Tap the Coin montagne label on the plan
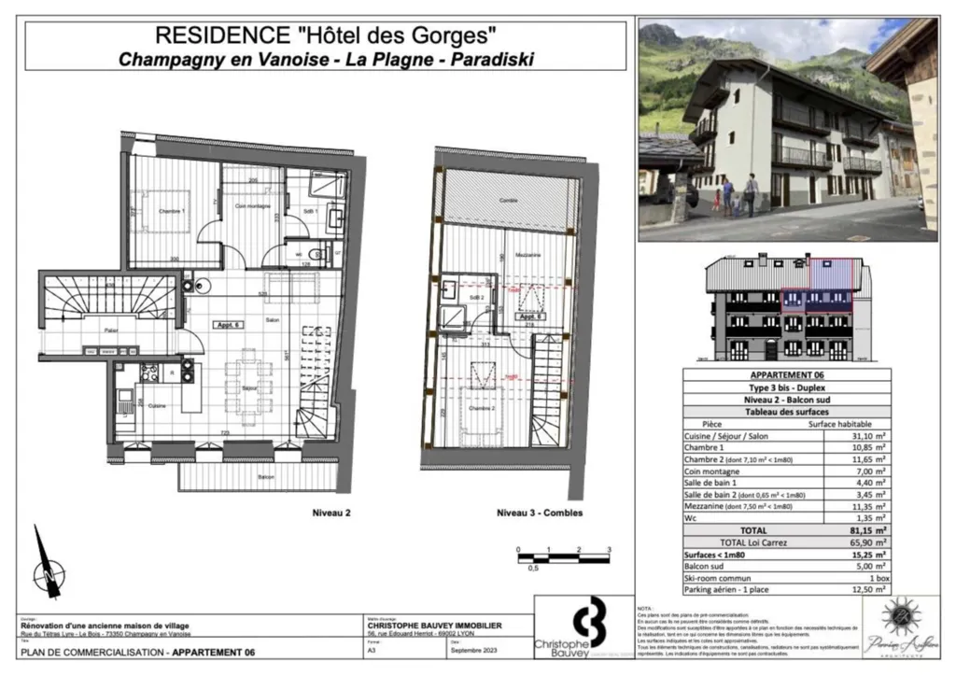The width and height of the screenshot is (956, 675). pos(252,205)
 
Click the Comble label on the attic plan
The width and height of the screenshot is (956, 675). pos(508,201)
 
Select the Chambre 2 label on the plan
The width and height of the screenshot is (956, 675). pos(483,409)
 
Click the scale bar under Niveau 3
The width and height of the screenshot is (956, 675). pos(563,558)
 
